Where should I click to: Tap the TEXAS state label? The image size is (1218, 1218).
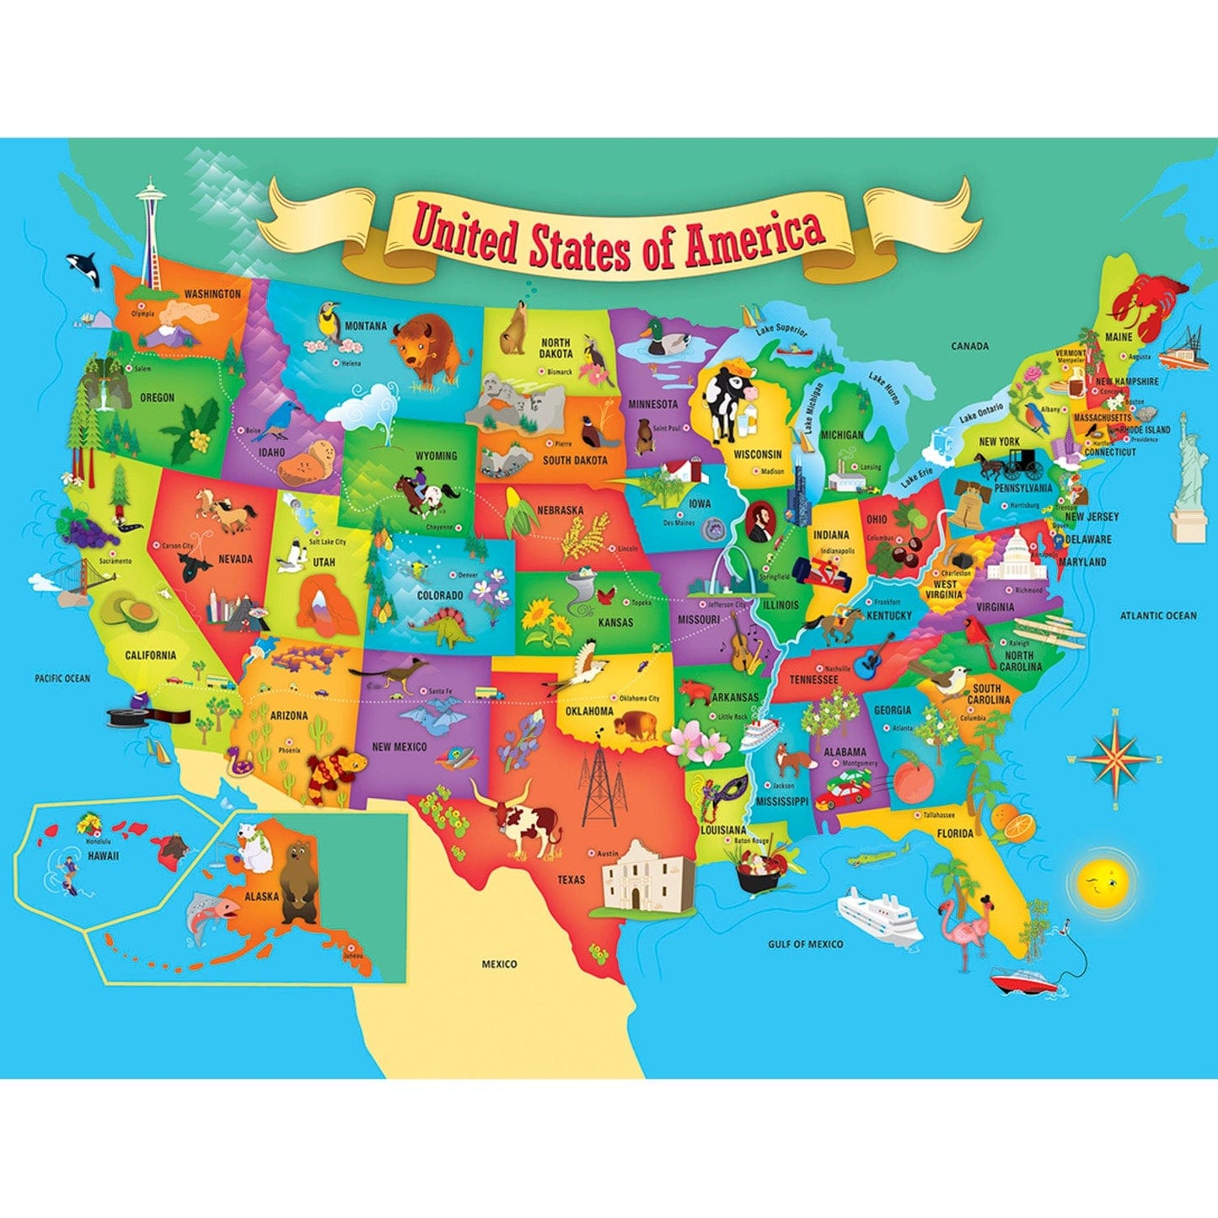[x=571, y=880]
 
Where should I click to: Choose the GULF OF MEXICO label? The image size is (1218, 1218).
[x=805, y=944]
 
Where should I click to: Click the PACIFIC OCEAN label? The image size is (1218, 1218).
[x=62, y=678]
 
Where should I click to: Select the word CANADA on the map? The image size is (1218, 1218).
[x=969, y=346]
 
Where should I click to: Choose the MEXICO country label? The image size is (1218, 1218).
[x=499, y=963]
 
